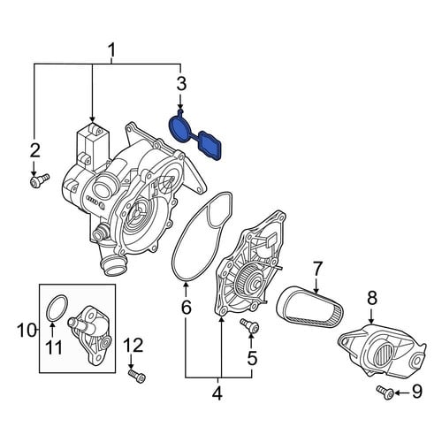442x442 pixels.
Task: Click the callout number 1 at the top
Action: (x=111, y=50)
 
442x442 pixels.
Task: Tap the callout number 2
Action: (x=34, y=151)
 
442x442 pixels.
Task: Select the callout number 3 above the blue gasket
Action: (x=181, y=83)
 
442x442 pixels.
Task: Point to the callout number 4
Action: (x=217, y=392)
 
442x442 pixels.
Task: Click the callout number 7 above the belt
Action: (x=316, y=270)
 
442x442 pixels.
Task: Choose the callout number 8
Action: (x=372, y=298)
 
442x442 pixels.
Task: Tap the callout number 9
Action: (x=416, y=392)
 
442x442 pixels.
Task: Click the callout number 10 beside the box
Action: (x=27, y=330)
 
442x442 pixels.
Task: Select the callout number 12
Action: (x=133, y=346)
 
